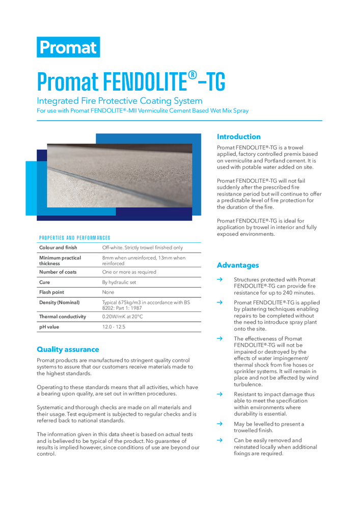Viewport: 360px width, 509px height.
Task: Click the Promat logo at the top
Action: (x=68, y=47)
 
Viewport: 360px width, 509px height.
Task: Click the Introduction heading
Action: (x=238, y=136)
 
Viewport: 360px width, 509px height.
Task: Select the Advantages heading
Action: (x=238, y=265)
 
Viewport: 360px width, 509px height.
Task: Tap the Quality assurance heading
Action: (x=68, y=349)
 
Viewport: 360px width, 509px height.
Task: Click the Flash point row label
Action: (x=52, y=292)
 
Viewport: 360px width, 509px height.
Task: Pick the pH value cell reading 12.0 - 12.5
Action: (x=114, y=327)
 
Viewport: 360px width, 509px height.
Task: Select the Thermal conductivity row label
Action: (x=63, y=317)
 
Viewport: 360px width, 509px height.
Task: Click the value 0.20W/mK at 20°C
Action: (x=123, y=317)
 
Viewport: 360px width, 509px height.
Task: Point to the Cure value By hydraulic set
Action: (x=119, y=282)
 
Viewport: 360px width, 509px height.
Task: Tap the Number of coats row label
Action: (x=58, y=272)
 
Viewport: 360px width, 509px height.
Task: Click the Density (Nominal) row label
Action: (x=59, y=302)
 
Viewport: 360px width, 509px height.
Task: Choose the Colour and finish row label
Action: (x=59, y=247)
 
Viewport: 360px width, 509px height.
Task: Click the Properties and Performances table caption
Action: (x=74, y=238)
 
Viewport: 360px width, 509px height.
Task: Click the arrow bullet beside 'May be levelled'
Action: (x=219, y=423)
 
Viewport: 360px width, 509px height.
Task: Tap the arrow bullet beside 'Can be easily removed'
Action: (x=219, y=440)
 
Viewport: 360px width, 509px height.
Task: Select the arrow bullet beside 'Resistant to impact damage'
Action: (x=219, y=394)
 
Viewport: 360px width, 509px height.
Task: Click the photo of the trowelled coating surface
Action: (x=120, y=176)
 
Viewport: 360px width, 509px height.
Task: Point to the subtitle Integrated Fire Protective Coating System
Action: (x=120, y=101)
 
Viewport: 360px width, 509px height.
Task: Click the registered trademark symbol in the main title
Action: (x=192, y=76)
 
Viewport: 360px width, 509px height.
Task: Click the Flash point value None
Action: (x=108, y=292)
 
